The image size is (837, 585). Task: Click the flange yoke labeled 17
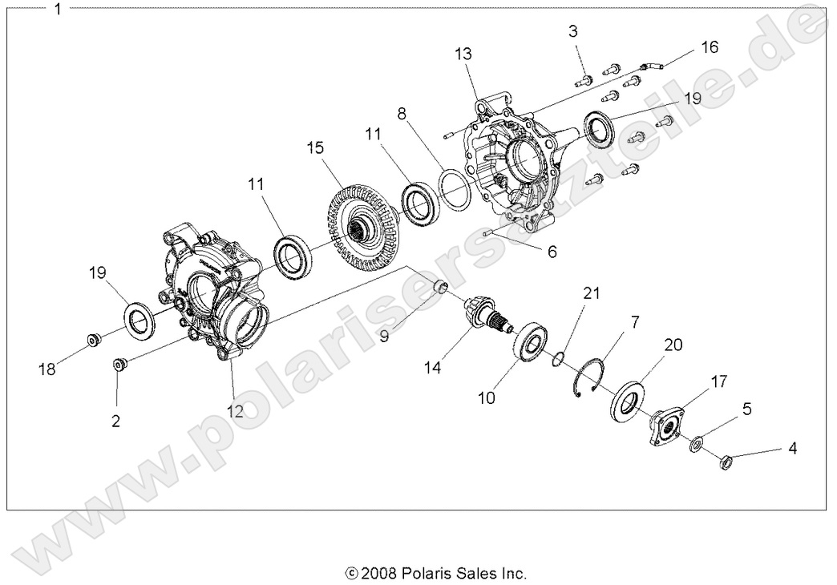tap(665, 423)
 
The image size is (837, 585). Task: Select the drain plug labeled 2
tap(120, 365)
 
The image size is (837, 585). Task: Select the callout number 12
tap(235, 410)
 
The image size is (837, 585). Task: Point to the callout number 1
tap(57, 10)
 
